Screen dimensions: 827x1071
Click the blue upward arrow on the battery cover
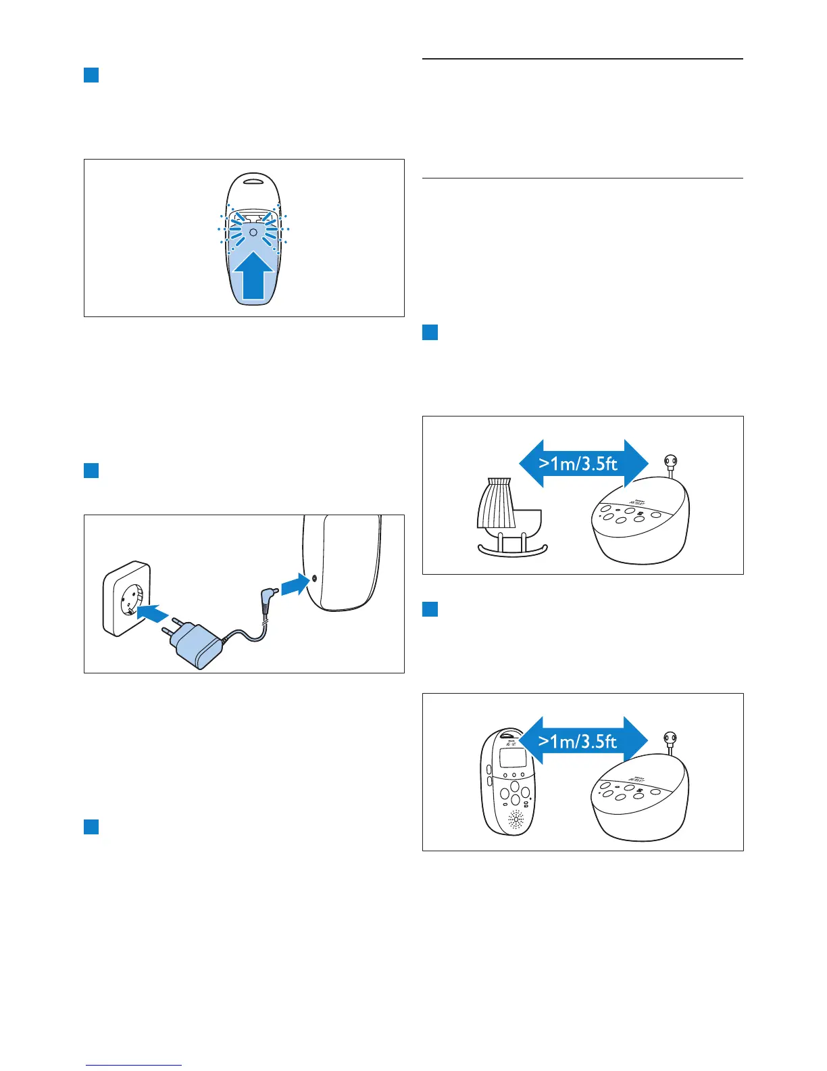point(253,277)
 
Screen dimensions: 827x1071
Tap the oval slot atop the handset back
point(253,181)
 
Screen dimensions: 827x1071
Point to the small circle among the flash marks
point(253,231)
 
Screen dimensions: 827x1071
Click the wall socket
point(126,598)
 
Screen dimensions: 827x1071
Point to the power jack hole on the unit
point(314,579)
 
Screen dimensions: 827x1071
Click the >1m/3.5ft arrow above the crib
point(583,464)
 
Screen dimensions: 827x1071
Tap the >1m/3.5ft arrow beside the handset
point(583,741)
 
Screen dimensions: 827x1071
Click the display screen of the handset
point(511,757)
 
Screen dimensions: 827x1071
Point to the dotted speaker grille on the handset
point(515,821)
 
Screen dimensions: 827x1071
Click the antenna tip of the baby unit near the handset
point(670,738)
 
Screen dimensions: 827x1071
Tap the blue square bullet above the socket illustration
point(91,470)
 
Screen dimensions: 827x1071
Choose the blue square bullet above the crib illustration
point(430,332)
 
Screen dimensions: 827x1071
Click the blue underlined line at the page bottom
point(134,1066)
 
